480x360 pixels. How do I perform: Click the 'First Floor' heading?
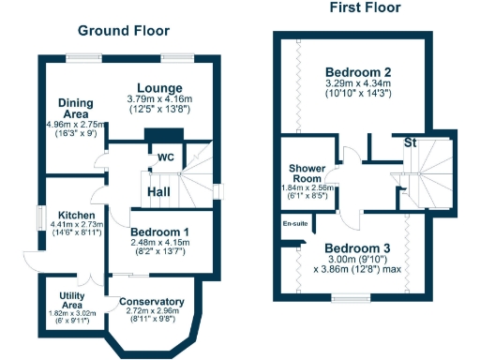tap(365, 7)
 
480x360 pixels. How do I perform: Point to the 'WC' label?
tap(166, 157)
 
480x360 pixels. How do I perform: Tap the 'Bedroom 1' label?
tap(159, 232)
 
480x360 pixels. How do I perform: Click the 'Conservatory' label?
tap(151, 301)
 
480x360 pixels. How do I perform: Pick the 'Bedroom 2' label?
tap(358, 72)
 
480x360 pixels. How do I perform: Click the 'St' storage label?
tap(410, 142)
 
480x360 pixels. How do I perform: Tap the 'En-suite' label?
tap(294, 224)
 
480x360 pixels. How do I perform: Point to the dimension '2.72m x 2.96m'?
tap(151, 310)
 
